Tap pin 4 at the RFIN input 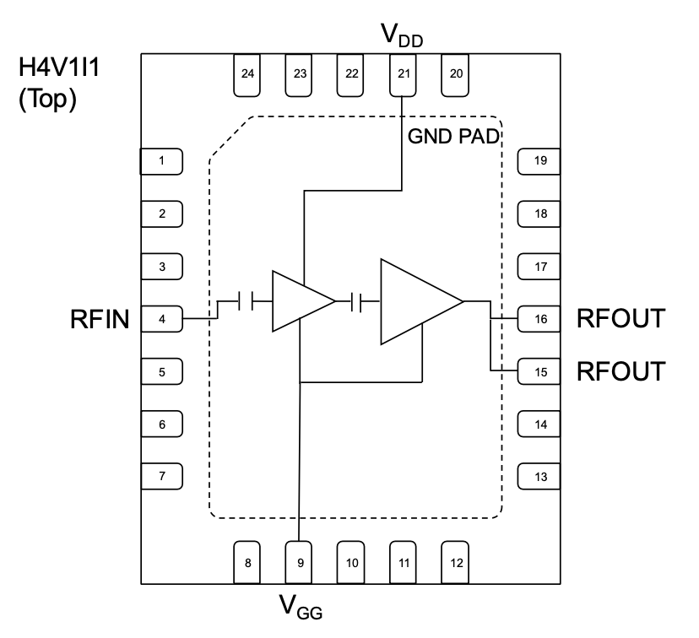[x=161, y=319]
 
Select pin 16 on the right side [x=539, y=319]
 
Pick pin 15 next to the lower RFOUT [x=539, y=371]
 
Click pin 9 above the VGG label [x=300, y=562]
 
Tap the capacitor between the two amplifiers [x=357, y=300]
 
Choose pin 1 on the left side [x=161, y=160]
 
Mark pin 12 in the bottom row [x=456, y=562]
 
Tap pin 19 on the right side [x=539, y=160]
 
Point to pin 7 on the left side [x=161, y=476]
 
